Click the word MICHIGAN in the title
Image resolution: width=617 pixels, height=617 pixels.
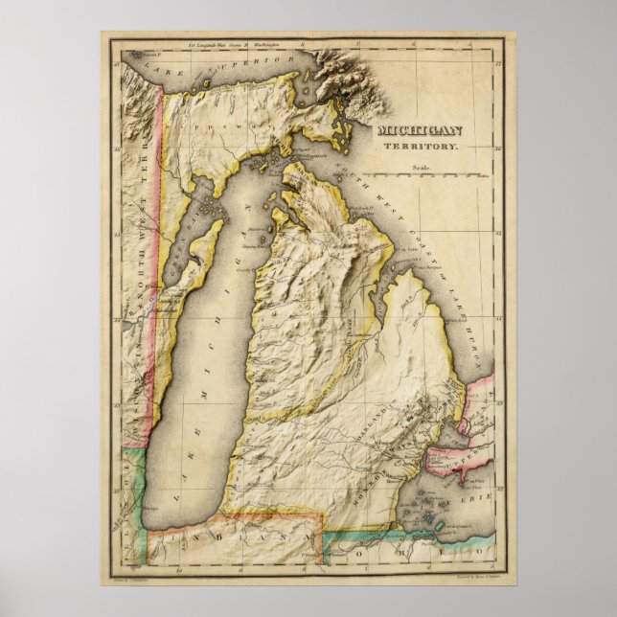420,131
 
